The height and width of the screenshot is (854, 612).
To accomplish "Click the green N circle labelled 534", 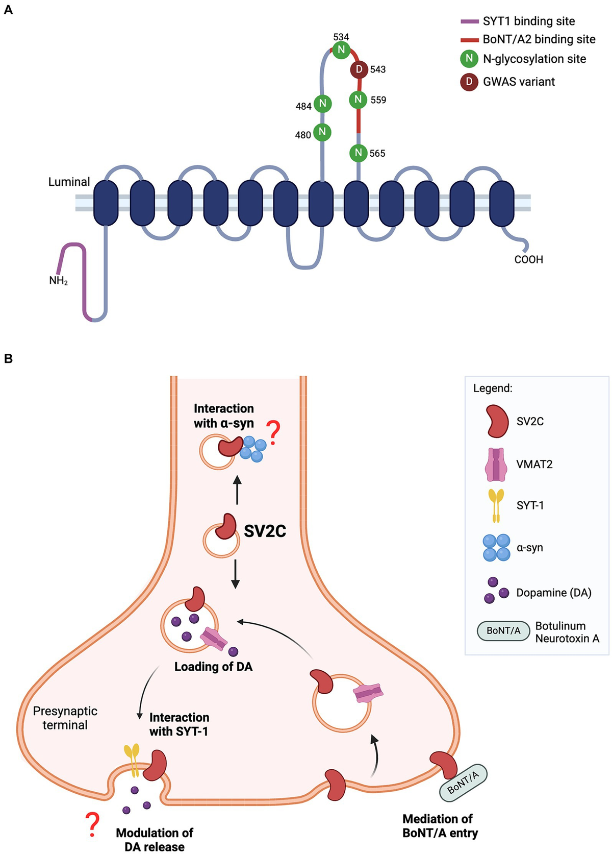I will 341,50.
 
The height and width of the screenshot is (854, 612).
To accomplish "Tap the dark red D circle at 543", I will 359,69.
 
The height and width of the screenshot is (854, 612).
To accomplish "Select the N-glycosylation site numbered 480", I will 322,132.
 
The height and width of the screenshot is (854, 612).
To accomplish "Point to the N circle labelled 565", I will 359,153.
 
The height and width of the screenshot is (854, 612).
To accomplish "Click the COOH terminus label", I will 528,259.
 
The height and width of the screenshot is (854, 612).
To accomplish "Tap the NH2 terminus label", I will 59,280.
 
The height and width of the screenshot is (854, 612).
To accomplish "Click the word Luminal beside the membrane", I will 69,182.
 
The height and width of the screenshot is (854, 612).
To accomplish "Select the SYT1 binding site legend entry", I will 528,21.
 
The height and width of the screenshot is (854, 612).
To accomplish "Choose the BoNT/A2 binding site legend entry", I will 539,39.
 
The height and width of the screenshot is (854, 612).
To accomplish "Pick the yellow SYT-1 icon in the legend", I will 496,505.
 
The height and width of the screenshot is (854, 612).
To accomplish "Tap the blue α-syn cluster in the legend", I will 496,548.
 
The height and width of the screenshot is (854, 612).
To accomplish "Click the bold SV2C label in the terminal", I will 265,531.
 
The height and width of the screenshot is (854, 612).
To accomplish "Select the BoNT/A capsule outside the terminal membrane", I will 463,782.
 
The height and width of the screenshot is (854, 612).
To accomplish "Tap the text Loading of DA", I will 213,667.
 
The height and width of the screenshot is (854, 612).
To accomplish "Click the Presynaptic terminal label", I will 65,718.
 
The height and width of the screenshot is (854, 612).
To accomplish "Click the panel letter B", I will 8,359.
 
